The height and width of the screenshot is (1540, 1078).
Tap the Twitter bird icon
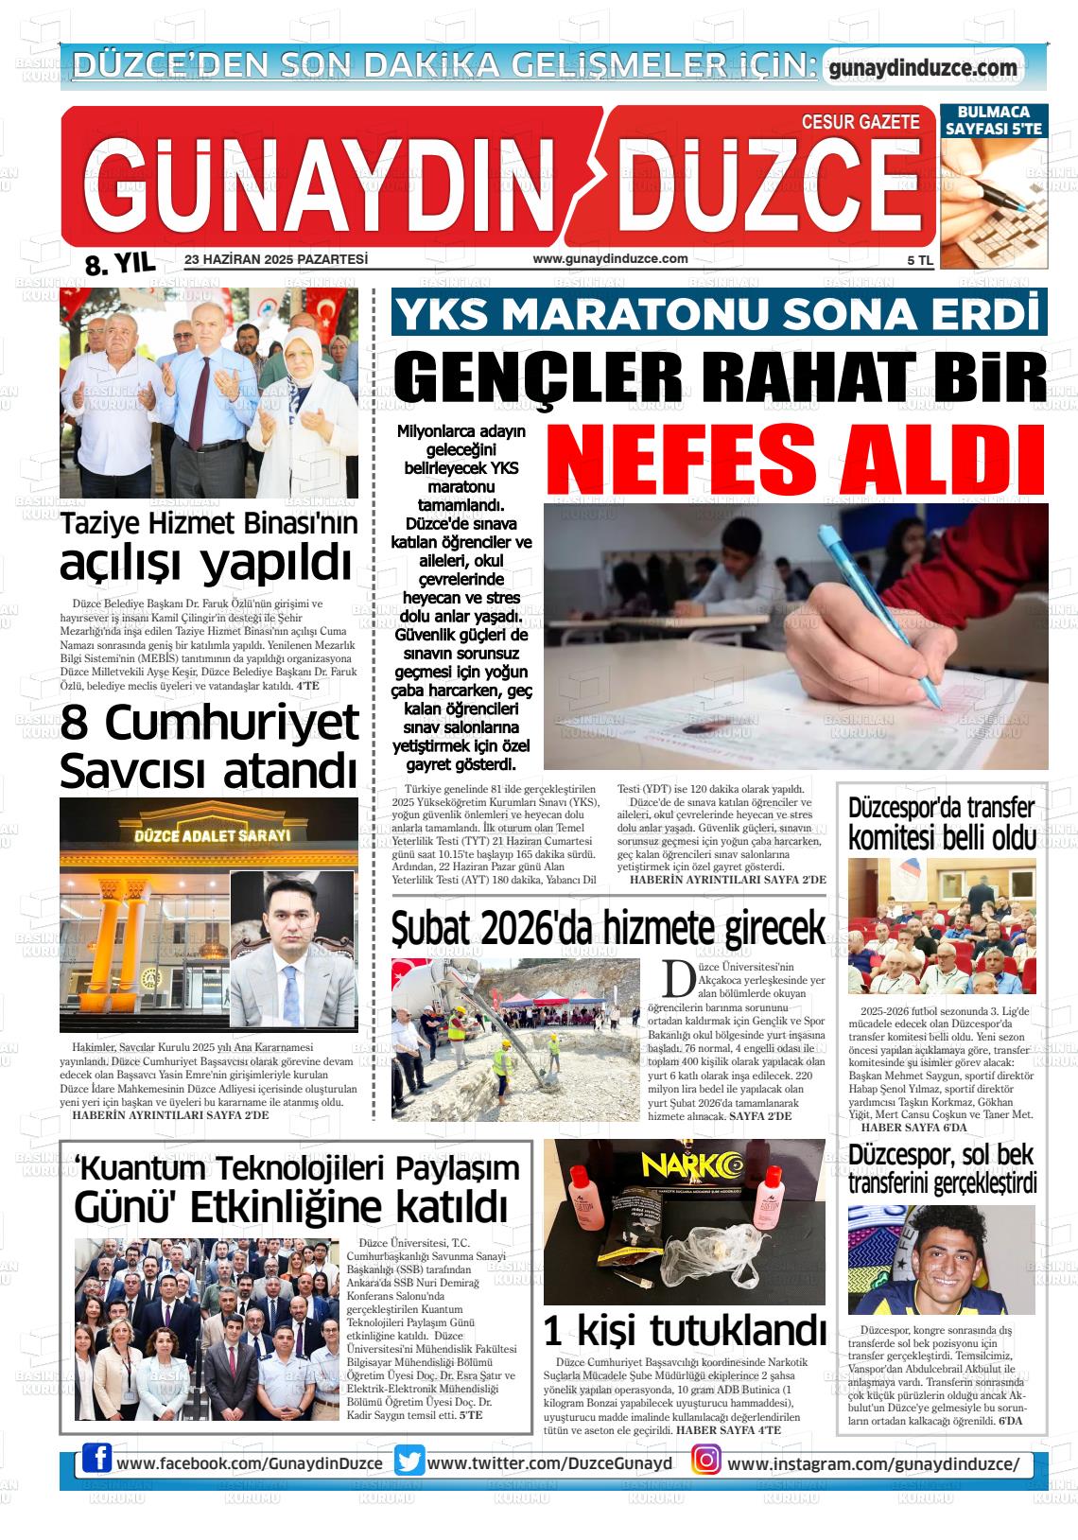click(409, 1462)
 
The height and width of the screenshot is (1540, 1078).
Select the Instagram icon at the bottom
click(705, 1461)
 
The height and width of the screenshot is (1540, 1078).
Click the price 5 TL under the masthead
click(918, 260)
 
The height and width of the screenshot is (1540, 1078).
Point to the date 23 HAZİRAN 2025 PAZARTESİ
click(276, 259)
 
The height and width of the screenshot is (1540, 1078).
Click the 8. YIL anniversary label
click(119, 264)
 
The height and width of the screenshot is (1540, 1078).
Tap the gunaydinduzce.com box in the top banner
click(923, 68)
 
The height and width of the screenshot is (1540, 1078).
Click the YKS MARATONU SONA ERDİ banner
click(719, 314)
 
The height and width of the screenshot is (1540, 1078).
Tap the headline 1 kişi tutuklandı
click(684, 1331)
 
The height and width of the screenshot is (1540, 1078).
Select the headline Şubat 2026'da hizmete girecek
click(608, 929)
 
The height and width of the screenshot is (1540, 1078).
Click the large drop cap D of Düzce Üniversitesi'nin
click(676, 981)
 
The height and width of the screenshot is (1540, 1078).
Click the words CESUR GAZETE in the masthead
click(860, 121)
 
